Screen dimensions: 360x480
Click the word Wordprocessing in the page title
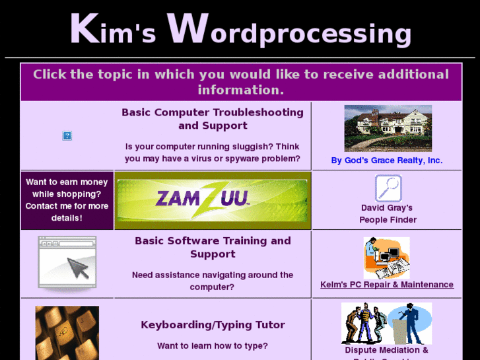pos(289,31)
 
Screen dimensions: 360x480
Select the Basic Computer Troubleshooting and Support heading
pos(213,119)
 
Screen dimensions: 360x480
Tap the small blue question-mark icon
pos(67,136)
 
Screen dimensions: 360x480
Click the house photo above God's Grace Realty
pos(388,128)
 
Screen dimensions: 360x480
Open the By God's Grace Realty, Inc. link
pos(387,161)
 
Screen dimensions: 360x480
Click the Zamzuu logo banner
pos(213,199)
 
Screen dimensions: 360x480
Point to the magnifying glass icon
pos(388,188)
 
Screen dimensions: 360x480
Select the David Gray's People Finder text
pos(388,213)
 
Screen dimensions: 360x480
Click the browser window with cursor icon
pos(67,264)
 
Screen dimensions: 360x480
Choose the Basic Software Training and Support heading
pos(213,247)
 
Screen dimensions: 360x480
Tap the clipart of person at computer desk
pos(387,258)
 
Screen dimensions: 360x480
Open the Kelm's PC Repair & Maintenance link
pos(387,285)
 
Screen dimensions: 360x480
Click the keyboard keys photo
pos(67,333)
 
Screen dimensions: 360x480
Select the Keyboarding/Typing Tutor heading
pos(213,325)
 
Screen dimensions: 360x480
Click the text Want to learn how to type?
pos(213,345)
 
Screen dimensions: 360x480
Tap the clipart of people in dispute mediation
pos(387,324)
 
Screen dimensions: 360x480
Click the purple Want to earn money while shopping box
pos(67,199)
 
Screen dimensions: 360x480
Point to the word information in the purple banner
pos(240,90)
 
